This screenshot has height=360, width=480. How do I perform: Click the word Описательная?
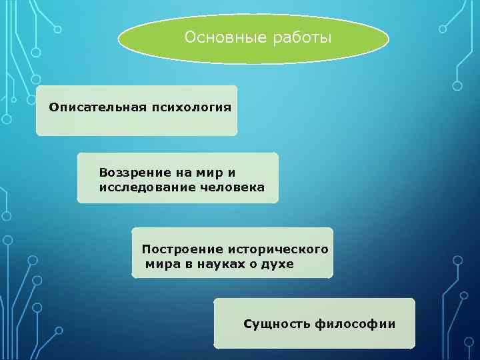click(91, 107)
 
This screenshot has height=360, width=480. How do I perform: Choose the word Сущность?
click(277, 324)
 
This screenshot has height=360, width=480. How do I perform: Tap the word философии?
click(355, 324)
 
